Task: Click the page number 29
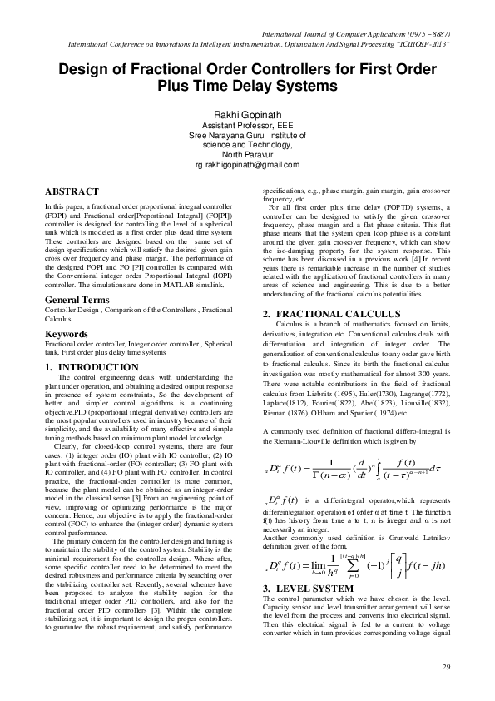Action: tap(445, 668)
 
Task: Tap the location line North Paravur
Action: tap(247, 155)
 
